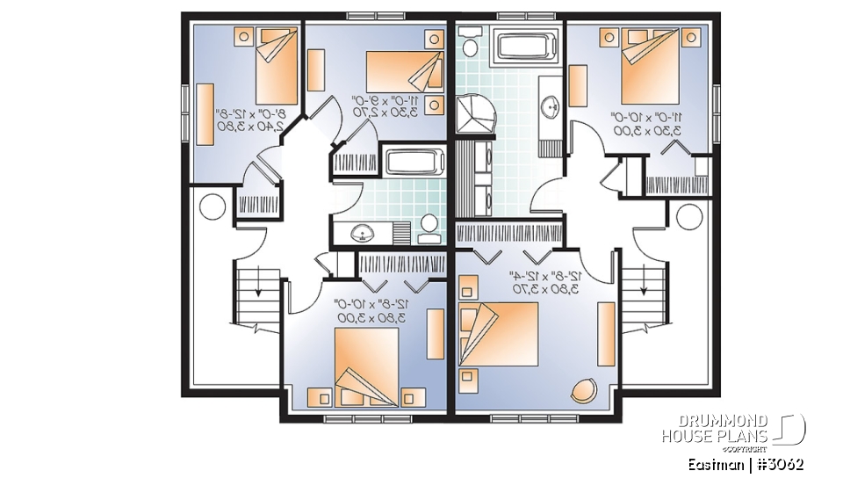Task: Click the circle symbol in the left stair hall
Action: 213,207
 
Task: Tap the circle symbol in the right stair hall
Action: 686,214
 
